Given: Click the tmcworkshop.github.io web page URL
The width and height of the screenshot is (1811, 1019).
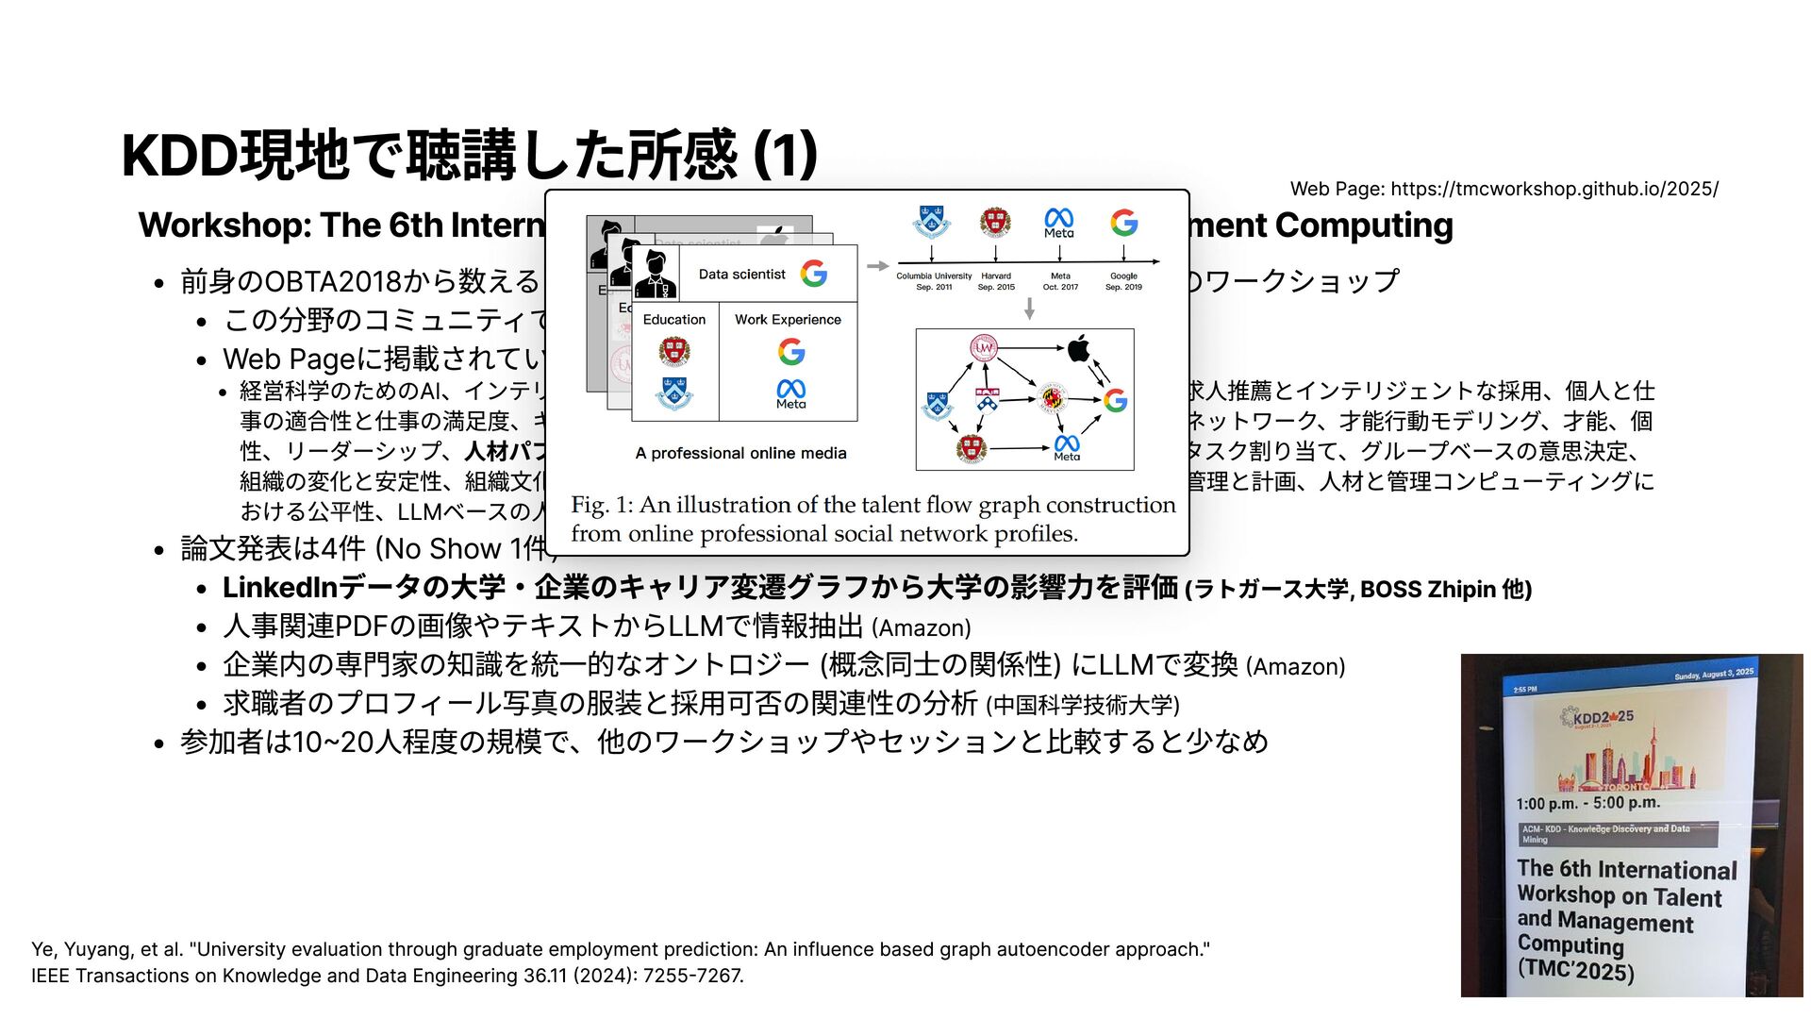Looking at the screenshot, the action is [x=1553, y=189].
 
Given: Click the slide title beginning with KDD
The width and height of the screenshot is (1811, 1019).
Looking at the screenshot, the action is [x=469, y=155].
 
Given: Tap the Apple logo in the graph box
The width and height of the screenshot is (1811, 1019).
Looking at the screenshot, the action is [x=1078, y=349].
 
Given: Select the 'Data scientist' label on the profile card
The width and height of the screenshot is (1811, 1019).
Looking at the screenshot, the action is [x=741, y=275].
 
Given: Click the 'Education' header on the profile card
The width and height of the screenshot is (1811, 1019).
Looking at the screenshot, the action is [x=673, y=320].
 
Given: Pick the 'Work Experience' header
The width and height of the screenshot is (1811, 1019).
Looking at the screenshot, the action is [x=788, y=320].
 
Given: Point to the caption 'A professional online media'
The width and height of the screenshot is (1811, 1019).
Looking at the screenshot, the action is [x=740, y=453].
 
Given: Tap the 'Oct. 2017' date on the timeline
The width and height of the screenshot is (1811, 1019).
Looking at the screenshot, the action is [x=1060, y=287].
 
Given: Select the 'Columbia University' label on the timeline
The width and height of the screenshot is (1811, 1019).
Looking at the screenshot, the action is [x=933, y=276].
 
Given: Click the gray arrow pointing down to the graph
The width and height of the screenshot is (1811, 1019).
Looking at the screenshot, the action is [x=1029, y=309].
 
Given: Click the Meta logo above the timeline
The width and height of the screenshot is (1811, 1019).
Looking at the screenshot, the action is [x=1059, y=223].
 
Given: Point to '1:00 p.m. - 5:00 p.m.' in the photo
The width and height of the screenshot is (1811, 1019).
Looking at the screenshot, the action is [x=1587, y=803].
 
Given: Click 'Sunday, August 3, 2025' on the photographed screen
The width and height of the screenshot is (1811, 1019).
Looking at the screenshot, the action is [x=1714, y=674].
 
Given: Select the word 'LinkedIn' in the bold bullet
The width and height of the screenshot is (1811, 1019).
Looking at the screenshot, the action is [x=280, y=588].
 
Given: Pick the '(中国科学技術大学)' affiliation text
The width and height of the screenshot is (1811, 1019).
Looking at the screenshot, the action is [x=1083, y=705].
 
